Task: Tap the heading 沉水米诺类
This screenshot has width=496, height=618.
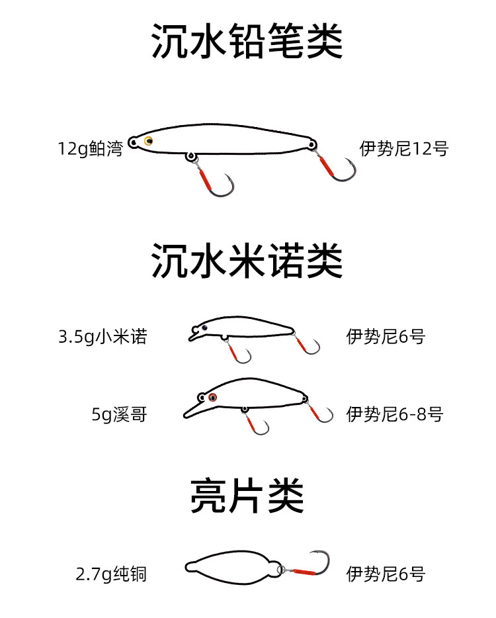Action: click(x=247, y=261)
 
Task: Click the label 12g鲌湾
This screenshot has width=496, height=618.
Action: click(x=90, y=148)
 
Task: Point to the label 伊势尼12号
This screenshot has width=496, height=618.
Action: click(x=404, y=148)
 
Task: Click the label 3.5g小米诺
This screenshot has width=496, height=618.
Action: click(x=103, y=337)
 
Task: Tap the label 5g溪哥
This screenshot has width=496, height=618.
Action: click(x=120, y=415)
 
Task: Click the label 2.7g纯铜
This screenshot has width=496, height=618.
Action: click(x=111, y=574)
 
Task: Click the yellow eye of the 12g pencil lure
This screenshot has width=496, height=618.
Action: click(x=148, y=140)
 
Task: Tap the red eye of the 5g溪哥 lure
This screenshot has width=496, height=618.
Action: click(x=212, y=398)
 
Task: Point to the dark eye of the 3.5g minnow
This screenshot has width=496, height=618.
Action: click(x=204, y=328)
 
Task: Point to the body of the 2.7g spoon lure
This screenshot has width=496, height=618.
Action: click(x=231, y=567)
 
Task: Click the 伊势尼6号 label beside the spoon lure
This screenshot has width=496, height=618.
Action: click(x=386, y=574)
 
